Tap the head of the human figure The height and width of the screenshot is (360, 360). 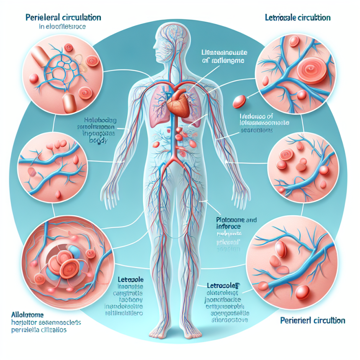click(167, 42)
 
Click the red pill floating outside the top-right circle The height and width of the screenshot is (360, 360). click(240, 100)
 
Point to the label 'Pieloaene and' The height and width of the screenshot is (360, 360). click(231, 219)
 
